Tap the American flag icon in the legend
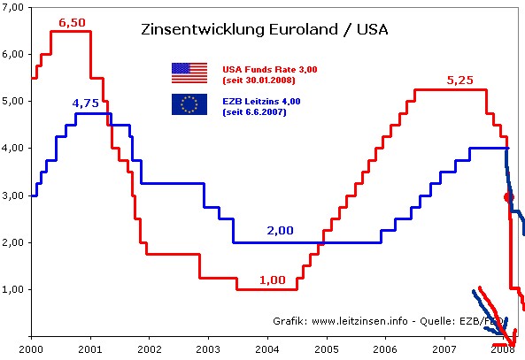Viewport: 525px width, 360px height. click(189, 73)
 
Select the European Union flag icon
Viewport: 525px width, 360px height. click(189, 104)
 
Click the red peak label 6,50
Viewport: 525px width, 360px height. click(72, 20)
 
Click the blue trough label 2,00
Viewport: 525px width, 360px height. click(280, 231)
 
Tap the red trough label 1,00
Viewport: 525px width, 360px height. click(272, 280)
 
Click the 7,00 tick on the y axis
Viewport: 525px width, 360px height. click(14, 8)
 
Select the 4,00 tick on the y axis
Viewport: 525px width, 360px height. click(14, 149)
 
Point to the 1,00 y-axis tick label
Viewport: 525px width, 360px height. click(14, 289)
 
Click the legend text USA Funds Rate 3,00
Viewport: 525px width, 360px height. click(269, 67)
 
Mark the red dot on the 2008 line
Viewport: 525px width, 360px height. click(508, 197)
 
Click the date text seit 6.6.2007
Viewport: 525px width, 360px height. click(255, 112)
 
